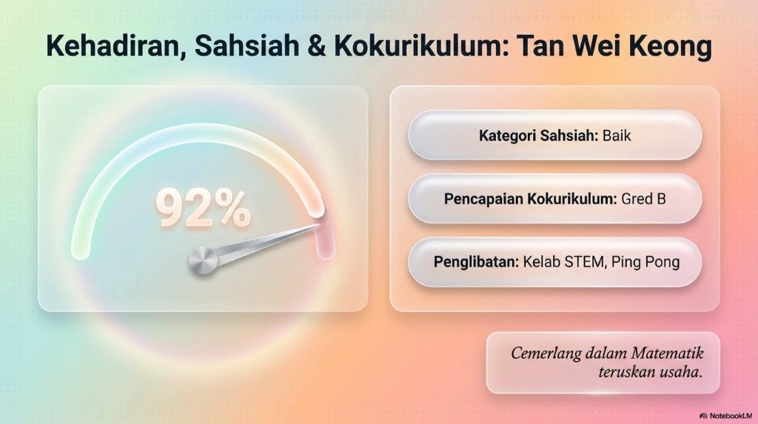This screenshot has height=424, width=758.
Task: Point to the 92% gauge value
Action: coord(203,208)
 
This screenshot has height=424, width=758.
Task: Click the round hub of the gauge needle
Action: coord(203,260)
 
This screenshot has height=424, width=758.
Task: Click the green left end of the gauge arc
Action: coord(80,249)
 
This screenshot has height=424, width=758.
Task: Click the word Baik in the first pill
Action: coord(617,136)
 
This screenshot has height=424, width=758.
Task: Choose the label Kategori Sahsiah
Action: coord(539,136)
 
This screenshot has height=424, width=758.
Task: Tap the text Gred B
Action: coord(643,199)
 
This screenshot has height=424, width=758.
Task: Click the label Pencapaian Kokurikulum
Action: coord(530,199)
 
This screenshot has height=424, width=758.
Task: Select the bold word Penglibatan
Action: coord(476,262)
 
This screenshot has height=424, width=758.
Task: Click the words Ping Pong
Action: coord(645,262)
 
